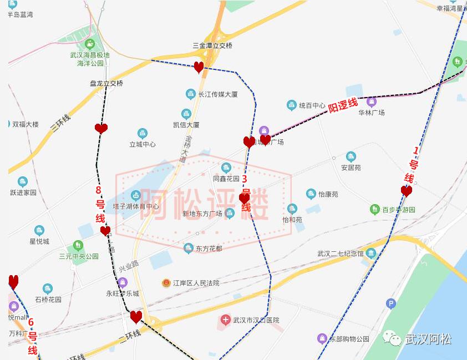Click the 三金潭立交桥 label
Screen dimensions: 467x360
(212, 45)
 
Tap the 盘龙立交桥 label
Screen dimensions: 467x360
(106, 83)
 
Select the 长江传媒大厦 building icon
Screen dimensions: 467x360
(191, 94)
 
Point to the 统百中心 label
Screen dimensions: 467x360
(312, 105)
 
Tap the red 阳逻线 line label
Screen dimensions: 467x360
(343, 105)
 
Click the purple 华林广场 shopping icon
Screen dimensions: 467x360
(371, 102)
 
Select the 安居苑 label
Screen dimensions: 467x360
(351, 167)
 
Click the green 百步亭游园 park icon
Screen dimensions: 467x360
(375, 210)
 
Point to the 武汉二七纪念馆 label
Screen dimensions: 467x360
(341, 253)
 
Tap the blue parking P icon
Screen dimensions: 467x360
(392, 303)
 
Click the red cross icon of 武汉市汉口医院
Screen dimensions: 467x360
(226, 320)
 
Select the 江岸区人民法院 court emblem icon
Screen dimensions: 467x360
(166, 283)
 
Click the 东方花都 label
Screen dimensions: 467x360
(209, 249)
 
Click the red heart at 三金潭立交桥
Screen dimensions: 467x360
(199, 68)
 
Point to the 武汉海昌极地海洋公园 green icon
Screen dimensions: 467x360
(90, 44)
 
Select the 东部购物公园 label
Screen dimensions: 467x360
(349, 338)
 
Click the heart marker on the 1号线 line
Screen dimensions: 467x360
(407, 191)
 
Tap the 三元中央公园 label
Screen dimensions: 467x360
(79, 256)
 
